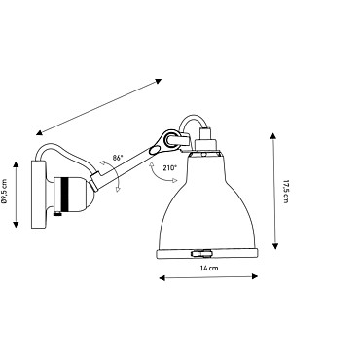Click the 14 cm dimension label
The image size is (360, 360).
209,269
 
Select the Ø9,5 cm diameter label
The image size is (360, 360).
5,192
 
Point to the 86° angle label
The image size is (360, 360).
118,158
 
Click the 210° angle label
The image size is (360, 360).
171,168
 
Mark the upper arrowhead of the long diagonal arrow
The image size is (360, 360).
158,81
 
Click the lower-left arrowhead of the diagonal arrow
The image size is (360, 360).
39,132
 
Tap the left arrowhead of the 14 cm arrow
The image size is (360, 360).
162,277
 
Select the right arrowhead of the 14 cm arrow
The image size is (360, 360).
255,276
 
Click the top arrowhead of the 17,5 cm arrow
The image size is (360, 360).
274,135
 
